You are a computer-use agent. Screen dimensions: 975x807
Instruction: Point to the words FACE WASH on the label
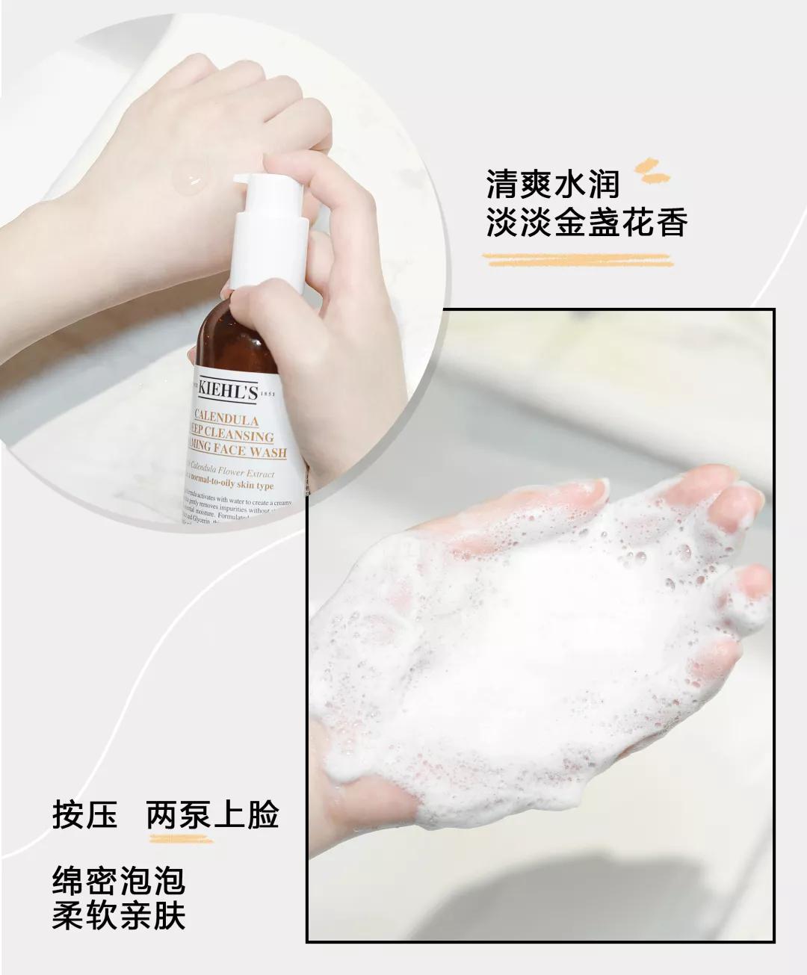coord(254,451)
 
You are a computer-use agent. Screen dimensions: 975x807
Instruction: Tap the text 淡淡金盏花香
coord(586,221)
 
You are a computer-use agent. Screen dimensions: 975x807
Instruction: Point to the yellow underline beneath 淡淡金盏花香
coord(576,259)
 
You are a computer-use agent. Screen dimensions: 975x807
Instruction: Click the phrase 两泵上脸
coord(212,814)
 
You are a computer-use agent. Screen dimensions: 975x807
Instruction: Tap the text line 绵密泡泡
coord(118,881)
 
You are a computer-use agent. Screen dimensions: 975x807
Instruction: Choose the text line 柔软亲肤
coord(118,915)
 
